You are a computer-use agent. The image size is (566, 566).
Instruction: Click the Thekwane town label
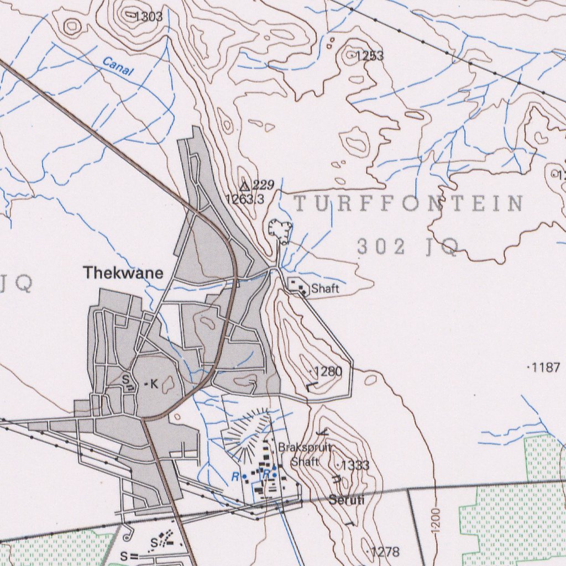coord(123,272)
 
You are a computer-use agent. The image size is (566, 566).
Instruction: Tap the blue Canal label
coord(118,69)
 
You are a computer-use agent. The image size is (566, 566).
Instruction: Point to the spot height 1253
coord(369,56)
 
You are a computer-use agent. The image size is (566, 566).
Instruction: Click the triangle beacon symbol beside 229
coord(245,185)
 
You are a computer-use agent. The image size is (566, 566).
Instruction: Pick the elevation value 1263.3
coord(245,199)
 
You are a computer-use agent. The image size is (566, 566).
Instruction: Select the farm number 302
coord(381,247)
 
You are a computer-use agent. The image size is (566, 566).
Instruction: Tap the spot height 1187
coord(546,368)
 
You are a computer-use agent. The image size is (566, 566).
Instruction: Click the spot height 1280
coord(328,371)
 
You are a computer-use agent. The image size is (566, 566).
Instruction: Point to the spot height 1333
coord(355,465)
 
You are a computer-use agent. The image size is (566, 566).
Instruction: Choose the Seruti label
coord(347,500)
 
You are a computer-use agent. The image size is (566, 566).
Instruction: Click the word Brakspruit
coord(305,447)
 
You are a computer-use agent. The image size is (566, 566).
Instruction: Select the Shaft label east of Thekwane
coord(324,289)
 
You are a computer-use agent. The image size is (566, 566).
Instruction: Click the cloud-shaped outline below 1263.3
coord(280,230)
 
